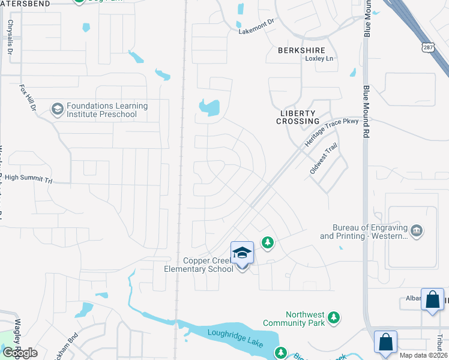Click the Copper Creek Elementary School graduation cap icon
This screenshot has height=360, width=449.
point(242,253)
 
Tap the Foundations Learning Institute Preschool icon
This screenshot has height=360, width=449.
point(58,109)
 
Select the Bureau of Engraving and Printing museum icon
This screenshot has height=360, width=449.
point(416,231)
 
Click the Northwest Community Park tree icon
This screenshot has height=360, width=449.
point(335,317)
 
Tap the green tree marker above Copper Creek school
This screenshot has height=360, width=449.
point(268,242)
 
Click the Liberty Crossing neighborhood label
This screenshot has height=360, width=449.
point(298,117)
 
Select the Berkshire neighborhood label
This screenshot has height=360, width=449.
point(301,50)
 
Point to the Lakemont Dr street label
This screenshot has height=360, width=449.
point(256,28)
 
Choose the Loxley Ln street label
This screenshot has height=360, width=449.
point(319,58)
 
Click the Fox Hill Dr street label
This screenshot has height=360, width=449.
point(28,97)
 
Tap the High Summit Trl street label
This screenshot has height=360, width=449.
point(28,178)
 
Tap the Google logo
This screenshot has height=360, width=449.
point(20,352)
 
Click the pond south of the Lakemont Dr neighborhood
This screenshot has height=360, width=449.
point(209,108)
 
